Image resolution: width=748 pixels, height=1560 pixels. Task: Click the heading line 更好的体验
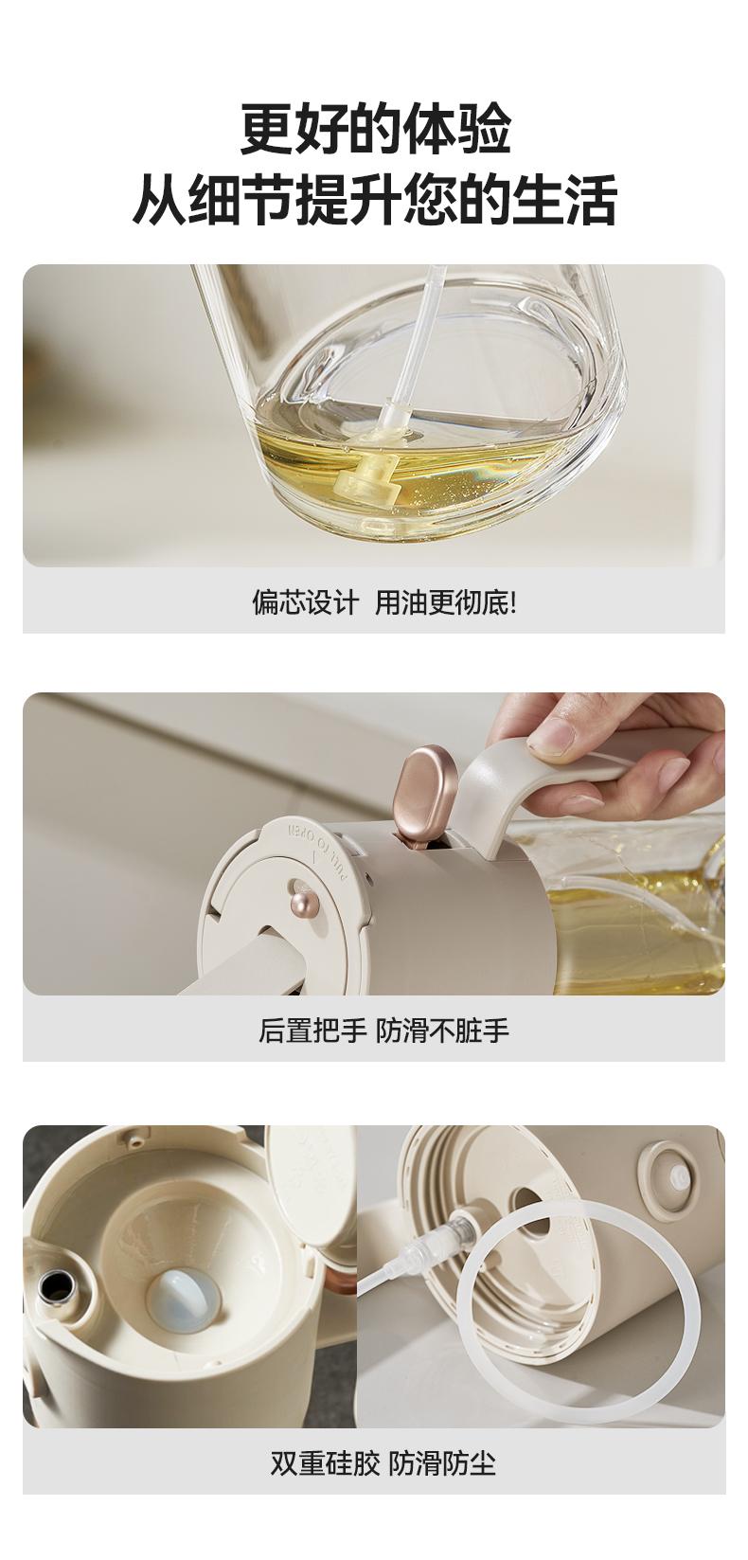(x=375, y=129)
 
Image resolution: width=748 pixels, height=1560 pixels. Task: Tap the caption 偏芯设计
(x=306, y=602)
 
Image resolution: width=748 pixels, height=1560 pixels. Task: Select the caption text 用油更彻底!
(x=446, y=602)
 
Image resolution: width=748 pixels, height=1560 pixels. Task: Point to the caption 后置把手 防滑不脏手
(x=383, y=1030)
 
